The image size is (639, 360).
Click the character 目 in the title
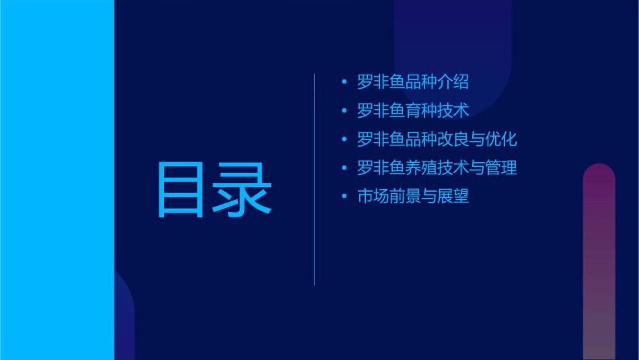(182, 190)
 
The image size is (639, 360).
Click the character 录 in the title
(243, 190)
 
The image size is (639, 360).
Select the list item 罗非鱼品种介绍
(413, 82)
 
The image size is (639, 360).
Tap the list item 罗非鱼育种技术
(413, 110)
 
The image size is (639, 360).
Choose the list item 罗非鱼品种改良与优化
(437, 139)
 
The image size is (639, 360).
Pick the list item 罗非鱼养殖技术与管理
(437, 168)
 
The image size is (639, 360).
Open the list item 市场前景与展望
(413, 196)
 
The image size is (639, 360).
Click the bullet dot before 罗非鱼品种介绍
(344, 83)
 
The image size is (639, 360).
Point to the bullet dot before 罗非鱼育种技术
(344, 111)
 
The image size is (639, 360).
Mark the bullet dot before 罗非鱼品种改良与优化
(344, 140)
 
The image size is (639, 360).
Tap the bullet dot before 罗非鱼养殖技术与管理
(344, 168)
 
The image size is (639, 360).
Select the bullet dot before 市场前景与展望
(344, 197)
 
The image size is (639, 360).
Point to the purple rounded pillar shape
(599, 262)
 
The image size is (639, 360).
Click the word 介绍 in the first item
(453, 82)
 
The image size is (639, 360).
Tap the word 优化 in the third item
(501, 139)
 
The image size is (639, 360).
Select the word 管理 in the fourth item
(501, 168)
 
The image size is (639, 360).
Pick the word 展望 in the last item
(453, 196)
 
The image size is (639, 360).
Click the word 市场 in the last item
(373, 196)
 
